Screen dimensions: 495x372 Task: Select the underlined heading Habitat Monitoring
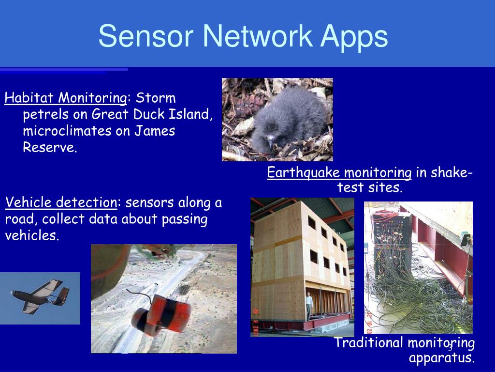[66, 98]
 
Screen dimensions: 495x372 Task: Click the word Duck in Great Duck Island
[148, 114]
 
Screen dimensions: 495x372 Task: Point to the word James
[155, 131]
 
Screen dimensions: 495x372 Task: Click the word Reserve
[50, 147]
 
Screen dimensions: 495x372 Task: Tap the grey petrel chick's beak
[270, 141]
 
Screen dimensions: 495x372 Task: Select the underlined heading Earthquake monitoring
[339, 173]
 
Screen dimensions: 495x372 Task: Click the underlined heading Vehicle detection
[61, 202]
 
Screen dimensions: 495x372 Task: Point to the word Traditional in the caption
[368, 342]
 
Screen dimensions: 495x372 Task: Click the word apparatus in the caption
[442, 358]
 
